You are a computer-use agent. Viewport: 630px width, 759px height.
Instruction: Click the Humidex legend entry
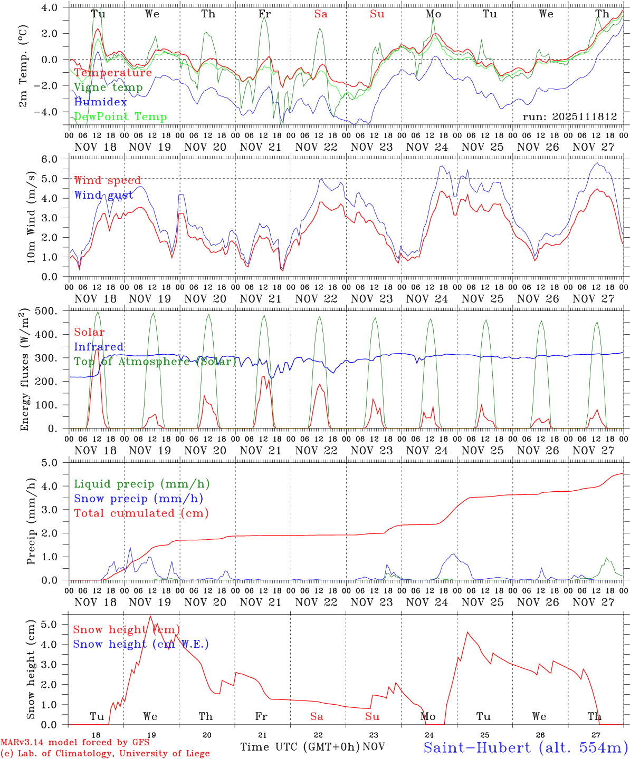point(101,102)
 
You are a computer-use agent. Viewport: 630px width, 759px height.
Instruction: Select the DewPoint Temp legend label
point(120,116)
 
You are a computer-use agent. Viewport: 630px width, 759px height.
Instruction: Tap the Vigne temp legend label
point(108,87)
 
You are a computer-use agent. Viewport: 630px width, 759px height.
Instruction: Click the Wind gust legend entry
point(103,195)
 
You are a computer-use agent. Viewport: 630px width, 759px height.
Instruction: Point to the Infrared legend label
point(99,347)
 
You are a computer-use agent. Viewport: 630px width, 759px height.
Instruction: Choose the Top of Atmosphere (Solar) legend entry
point(155,362)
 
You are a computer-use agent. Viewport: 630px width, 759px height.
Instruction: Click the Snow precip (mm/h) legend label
point(138,498)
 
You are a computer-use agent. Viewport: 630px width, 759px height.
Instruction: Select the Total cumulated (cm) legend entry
point(141,513)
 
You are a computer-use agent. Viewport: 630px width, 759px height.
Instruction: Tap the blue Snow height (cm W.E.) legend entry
point(141,644)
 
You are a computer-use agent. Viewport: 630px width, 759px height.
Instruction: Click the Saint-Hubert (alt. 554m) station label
point(525,747)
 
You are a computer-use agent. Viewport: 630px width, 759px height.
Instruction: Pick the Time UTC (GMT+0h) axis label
point(300,747)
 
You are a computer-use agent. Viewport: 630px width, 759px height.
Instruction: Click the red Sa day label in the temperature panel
point(321,14)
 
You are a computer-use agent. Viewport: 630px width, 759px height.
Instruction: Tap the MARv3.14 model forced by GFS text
point(75,743)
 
